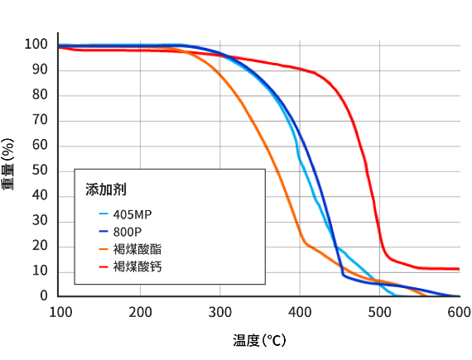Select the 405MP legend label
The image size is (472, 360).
[132, 214]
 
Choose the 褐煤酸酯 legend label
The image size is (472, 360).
[139, 249]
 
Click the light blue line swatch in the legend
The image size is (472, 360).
[103, 214]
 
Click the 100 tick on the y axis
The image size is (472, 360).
[36, 44]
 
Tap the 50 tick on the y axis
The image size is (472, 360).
[40, 170]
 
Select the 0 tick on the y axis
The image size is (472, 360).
[44, 296]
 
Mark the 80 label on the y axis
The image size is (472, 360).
[40, 94]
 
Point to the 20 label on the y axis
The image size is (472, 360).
[40, 246]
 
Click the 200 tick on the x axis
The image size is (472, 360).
[141, 312]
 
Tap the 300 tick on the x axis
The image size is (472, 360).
[220, 312]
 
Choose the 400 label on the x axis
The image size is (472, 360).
[300, 312]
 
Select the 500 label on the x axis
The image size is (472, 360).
[379, 312]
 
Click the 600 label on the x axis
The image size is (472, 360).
[459, 312]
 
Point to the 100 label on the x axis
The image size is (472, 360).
[60, 312]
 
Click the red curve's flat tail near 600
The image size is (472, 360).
[447, 268]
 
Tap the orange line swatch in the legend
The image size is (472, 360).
[103, 249]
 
